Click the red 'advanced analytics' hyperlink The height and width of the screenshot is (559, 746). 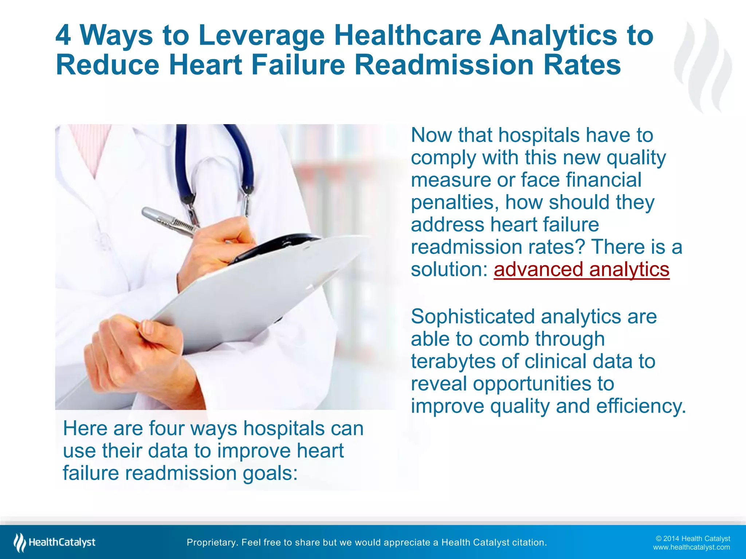[x=581, y=270]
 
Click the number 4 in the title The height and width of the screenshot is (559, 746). [x=63, y=35]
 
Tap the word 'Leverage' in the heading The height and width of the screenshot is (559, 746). [x=261, y=35]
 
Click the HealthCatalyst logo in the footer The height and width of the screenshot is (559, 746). [x=55, y=542]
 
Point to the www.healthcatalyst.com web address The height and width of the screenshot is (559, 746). [x=691, y=547]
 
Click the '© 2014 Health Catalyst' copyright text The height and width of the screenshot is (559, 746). [x=692, y=539]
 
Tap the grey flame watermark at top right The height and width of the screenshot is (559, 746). [x=703, y=66]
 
